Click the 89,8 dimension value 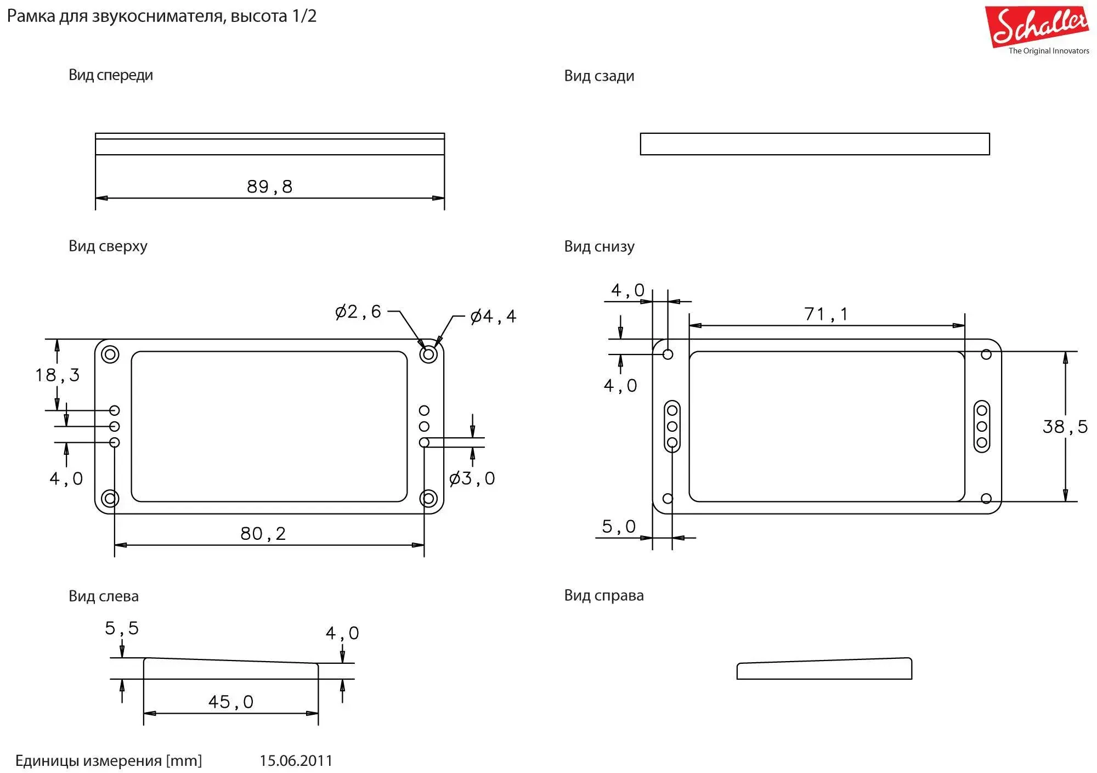tap(269, 187)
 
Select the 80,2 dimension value tap(263, 534)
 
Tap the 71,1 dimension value tap(826, 314)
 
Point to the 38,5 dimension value tap(1065, 427)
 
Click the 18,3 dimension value tap(58, 375)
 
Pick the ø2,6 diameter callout tap(358, 312)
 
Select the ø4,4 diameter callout tap(493, 317)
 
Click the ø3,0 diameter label tap(472, 479)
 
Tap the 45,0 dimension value tap(231, 702)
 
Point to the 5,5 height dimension tap(122, 629)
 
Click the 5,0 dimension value tap(619, 527)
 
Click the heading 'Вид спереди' tap(111, 75)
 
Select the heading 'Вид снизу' tap(599, 247)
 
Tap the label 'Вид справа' tap(604, 596)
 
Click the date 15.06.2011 tap(296, 761)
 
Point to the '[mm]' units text tap(184, 761)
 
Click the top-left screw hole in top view tap(110, 354)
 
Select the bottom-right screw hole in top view tap(428, 499)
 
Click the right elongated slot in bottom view tap(982, 426)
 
